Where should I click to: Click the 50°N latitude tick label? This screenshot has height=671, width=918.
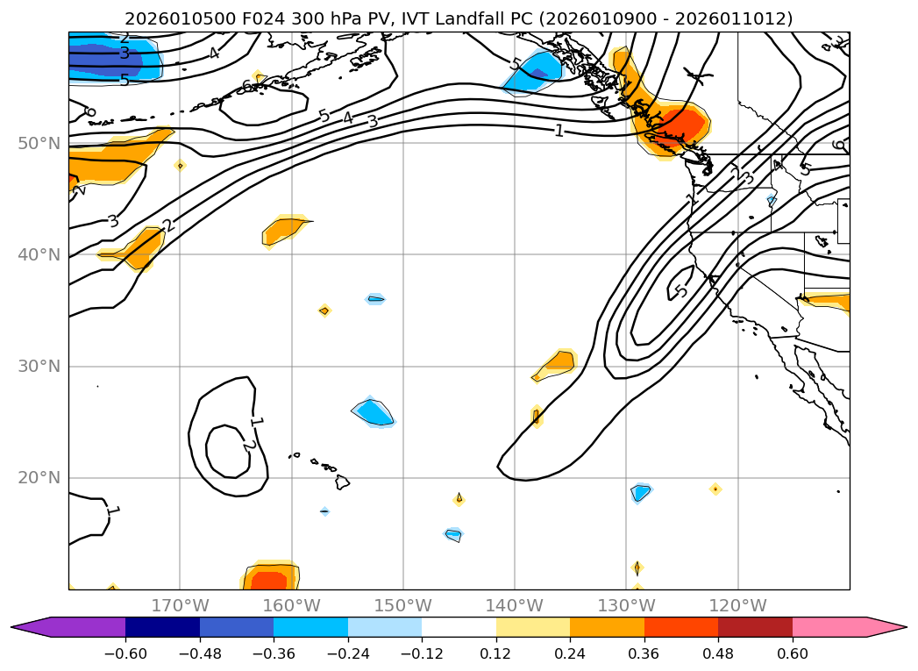point(39,143)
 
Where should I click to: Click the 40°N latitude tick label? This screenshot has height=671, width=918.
point(39,254)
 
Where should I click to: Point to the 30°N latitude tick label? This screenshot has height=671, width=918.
point(39,366)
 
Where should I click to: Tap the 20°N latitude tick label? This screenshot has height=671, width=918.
point(39,478)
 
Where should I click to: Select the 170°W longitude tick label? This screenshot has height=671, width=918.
point(180,605)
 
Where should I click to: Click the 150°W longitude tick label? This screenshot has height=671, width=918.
point(403,605)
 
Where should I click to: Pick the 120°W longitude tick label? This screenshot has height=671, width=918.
point(737,605)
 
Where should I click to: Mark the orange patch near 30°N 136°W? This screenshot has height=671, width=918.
point(559,361)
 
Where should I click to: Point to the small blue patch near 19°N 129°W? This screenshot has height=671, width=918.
point(641,493)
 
